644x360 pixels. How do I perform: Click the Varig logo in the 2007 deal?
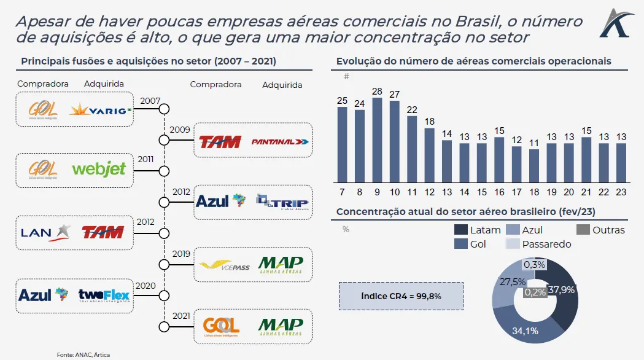tap(101, 111)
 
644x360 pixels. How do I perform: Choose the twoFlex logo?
tap(104, 295)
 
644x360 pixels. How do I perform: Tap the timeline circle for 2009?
tap(164, 140)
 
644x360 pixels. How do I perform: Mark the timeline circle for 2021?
tap(164, 326)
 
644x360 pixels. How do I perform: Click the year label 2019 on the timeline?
tap(181, 253)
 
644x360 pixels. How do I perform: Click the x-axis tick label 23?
tap(621, 192)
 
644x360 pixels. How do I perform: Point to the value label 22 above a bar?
tap(412, 110)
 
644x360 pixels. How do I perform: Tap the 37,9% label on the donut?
tap(562, 290)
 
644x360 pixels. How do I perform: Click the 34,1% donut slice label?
tap(525, 331)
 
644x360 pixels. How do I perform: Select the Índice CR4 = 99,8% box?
tap(401, 296)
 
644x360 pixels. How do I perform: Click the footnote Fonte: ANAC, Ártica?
tap(83, 354)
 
